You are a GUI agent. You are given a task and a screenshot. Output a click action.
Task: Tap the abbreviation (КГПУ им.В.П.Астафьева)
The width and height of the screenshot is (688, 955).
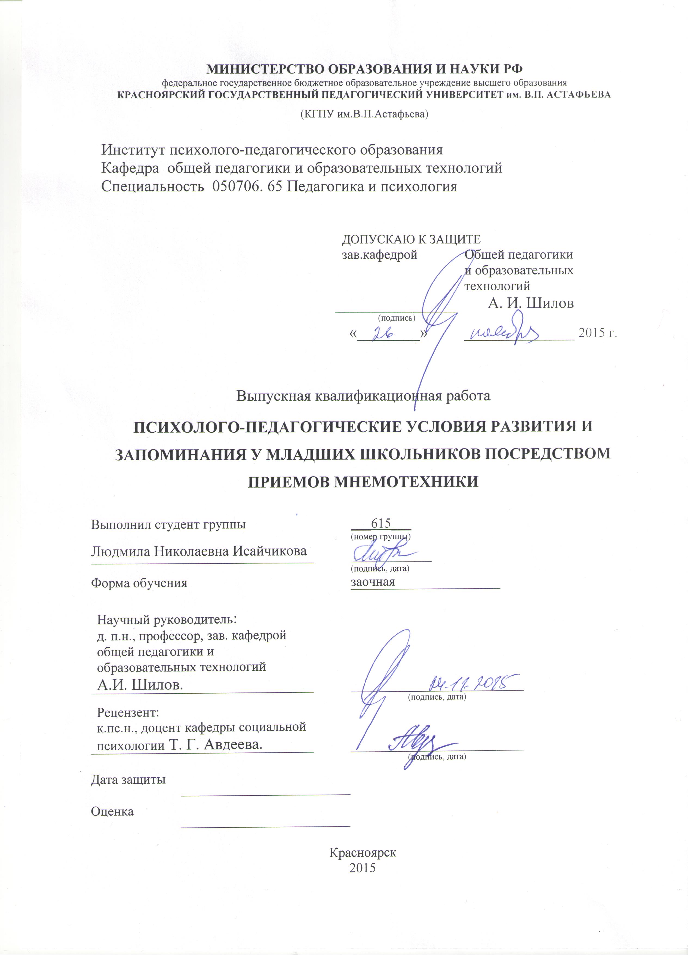pyautogui.click(x=364, y=114)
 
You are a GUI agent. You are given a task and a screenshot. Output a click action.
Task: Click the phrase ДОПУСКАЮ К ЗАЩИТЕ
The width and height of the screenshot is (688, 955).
pyautogui.click(x=411, y=240)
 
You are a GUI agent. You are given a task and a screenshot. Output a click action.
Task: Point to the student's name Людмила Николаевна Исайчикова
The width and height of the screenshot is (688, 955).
pyautogui.click(x=199, y=551)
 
